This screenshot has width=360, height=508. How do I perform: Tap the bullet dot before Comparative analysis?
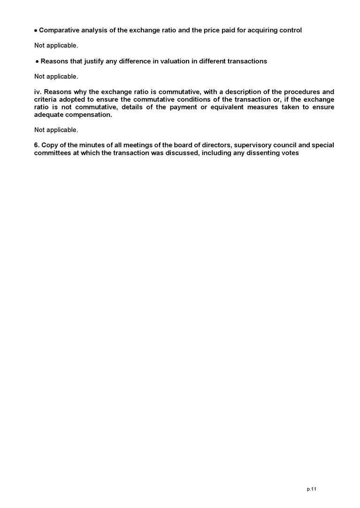click(x=36, y=30)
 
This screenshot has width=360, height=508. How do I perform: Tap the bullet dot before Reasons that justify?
click(x=37, y=61)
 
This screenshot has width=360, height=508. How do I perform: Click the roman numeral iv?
click(x=38, y=91)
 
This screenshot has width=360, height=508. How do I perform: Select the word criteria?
click(x=46, y=99)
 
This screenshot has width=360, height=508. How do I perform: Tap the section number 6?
click(x=37, y=145)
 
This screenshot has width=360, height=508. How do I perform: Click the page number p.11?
click(x=312, y=489)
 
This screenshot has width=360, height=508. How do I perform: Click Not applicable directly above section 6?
click(x=56, y=129)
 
